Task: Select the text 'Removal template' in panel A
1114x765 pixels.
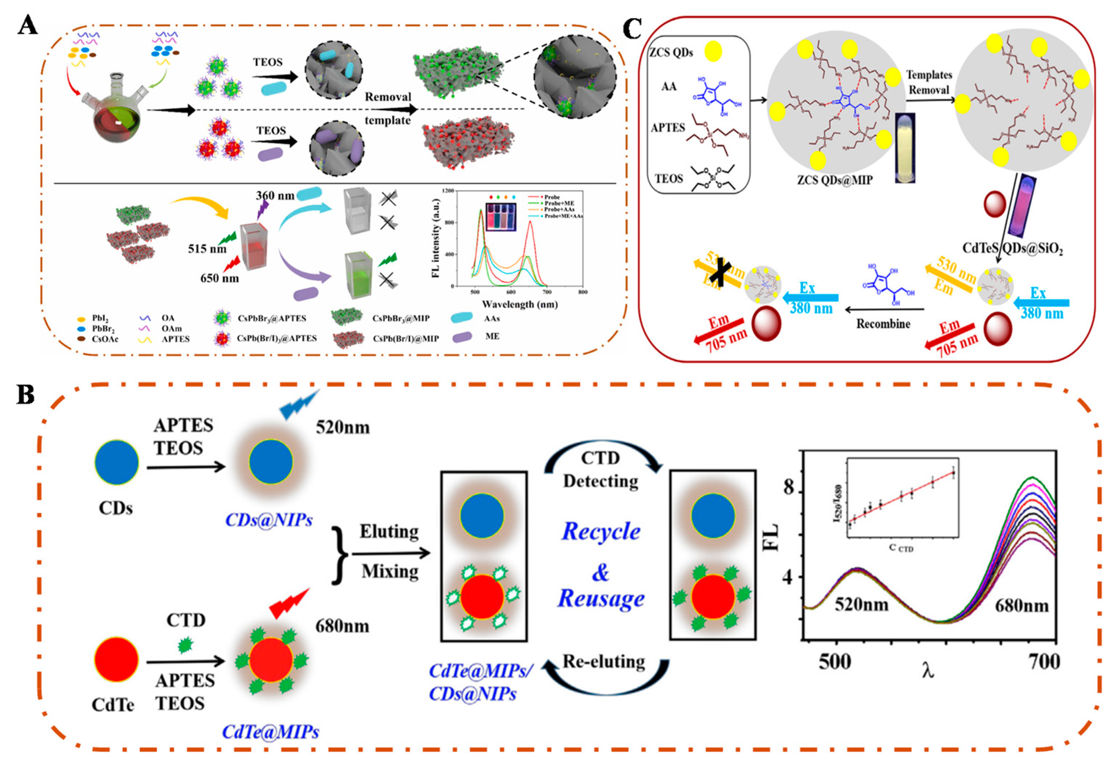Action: (387, 108)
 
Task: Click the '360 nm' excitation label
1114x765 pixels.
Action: (275, 195)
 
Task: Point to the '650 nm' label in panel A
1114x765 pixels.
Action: (219, 278)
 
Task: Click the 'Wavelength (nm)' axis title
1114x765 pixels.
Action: (519, 304)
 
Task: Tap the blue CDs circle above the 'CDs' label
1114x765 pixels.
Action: (116, 462)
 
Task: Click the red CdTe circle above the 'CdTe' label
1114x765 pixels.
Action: (116, 660)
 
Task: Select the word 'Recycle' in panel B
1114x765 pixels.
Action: (600, 531)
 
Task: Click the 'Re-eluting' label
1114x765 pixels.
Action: (603, 661)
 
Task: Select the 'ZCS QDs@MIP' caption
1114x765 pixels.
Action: (834, 180)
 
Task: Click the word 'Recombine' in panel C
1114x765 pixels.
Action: (883, 324)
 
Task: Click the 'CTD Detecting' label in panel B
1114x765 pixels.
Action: (600, 470)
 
